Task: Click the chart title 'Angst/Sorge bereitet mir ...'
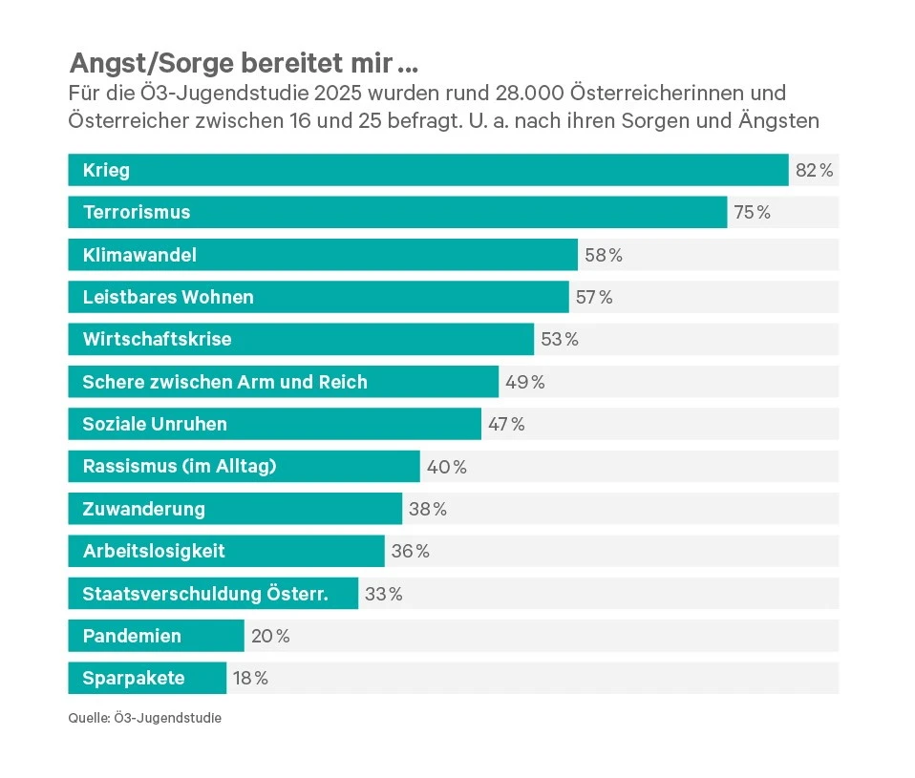244,64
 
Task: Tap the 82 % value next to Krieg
815,171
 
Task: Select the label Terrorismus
137,213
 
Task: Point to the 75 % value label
753,213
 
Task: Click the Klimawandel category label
139,255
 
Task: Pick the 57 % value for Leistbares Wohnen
594,297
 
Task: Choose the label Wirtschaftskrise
158,339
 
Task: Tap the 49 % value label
524,382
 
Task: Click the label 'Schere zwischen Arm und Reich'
224,382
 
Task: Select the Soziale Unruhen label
155,424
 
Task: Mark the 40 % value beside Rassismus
446,467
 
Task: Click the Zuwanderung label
144,509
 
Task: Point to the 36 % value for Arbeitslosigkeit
411,551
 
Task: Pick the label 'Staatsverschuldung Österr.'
205,594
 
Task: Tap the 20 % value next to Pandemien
270,636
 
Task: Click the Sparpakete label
134,679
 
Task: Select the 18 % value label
250,679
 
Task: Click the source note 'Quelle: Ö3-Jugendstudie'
144,718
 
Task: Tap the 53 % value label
560,339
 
